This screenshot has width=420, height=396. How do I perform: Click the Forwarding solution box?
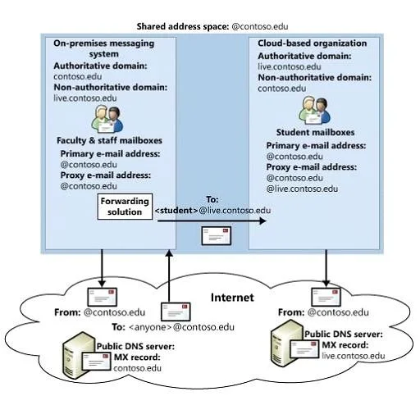pyautogui.click(x=125, y=207)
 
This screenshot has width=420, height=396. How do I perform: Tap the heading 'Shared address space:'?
pyautogui.click(x=183, y=26)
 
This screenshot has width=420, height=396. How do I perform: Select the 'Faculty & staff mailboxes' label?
pyautogui.click(x=109, y=140)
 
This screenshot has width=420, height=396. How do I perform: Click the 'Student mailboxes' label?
pyautogui.click(x=315, y=132)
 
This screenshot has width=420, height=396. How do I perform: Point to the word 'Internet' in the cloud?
pyautogui.click(x=232, y=298)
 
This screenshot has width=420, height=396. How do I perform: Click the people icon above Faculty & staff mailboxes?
pyautogui.click(x=107, y=119)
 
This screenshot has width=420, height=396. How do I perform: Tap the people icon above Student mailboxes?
pyautogui.click(x=314, y=111)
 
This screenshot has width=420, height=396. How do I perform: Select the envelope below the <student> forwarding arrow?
pyautogui.click(x=217, y=235)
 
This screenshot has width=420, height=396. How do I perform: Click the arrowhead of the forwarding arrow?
pyautogui.click(x=262, y=221)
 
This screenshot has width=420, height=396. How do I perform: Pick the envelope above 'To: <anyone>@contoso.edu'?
pyautogui.click(x=176, y=312)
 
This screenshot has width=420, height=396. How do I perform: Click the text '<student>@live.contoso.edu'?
pyautogui.click(x=212, y=211)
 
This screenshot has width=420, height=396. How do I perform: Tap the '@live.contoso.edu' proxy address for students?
pyautogui.click(x=302, y=189)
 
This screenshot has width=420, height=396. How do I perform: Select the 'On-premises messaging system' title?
pyautogui.click(x=104, y=48)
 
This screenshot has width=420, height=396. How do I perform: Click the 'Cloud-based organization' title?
pyautogui.click(x=313, y=43)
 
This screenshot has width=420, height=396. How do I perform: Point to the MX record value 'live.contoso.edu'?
pyautogui.click(x=354, y=356)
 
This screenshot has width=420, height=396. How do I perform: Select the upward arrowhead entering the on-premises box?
pyautogui.click(x=170, y=253)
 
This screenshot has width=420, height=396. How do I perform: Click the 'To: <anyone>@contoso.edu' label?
pyautogui.click(x=173, y=327)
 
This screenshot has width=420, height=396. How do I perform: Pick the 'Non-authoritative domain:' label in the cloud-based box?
pyautogui.click(x=315, y=78)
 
